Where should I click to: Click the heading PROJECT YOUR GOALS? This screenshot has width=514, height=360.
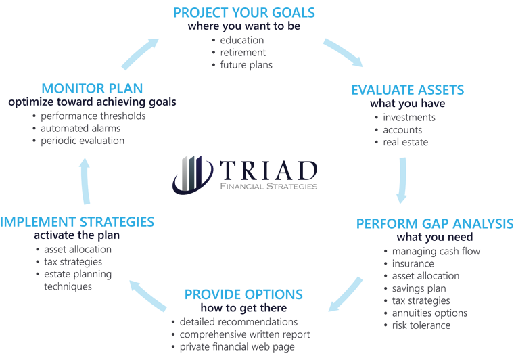coord(244,13)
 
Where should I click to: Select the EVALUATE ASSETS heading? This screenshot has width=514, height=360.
coord(407,90)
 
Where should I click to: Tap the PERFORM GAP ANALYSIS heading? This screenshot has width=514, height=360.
coord(435,223)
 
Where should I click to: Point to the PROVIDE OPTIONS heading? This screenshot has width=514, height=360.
coord(243,294)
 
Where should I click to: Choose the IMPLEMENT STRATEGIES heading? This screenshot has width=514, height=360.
coord(77,222)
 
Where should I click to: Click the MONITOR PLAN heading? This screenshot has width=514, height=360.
coord(92,89)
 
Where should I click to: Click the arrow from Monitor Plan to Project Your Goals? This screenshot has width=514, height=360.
coord(139,53)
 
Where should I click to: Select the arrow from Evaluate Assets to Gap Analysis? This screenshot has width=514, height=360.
coord(402,180)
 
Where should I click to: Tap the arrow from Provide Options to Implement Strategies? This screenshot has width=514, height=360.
coord(147,296)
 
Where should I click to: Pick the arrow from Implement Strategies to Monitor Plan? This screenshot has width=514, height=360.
coord(85,181)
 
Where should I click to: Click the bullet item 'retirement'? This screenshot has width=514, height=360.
coord(243,53)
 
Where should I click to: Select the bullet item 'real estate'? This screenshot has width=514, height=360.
coord(406,142)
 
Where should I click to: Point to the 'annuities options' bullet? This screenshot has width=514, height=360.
coord(429,313)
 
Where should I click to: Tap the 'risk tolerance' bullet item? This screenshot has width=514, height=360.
coord(421,325)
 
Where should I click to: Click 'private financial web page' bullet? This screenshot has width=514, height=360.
coord(237,347)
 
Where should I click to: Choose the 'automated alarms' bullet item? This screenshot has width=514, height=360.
coord(80,128)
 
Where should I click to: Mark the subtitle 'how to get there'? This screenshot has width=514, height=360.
coord(243,308)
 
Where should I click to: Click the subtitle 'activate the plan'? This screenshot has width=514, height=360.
coord(76,235)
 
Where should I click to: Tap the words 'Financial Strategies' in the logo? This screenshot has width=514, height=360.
coord(268,187)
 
